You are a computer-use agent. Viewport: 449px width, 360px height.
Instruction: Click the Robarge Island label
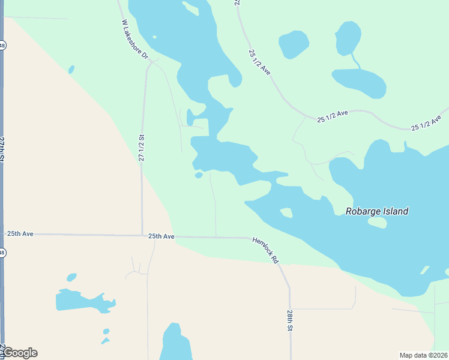pyautogui.click(x=377, y=211)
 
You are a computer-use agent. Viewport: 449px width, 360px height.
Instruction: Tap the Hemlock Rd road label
pyautogui.click(x=265, y=250)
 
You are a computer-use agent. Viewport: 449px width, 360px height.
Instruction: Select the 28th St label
pyautogui.click(x=289, y=321)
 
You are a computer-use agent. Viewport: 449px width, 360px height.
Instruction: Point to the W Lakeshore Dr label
pyautogui.click(x=134, y=40)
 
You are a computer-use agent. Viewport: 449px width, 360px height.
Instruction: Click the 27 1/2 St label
pyautogui.click(x=142, y=148)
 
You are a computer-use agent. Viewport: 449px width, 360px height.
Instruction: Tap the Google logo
pyautogui.click(x=19, y=353)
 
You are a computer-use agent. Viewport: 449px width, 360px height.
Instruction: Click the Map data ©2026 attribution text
pyautogui.click(x=423, y=355)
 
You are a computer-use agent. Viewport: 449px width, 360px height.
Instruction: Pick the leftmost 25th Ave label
pyautogui.click(x=20, y=233)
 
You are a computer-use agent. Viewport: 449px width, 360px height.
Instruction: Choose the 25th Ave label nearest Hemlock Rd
pyautogui.click(x=161, y=236)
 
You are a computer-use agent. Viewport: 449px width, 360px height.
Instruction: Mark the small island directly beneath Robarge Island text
pyautogui.click(x=377, y=223)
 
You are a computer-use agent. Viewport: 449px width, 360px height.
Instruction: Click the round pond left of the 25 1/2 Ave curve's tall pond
pyautogui.click(x=294, y=44)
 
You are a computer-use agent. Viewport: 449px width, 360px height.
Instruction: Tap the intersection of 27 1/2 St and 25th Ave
pyautogui.click(x=142, y=235)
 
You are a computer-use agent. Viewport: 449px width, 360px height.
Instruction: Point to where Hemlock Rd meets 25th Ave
pyautogui.click(x=251, y=238)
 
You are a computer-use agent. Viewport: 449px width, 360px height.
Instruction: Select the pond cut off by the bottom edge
pyautogui.click(x=175, y=344)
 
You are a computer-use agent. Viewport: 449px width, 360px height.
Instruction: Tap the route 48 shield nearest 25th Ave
pyautogui.click(x=2, y=253)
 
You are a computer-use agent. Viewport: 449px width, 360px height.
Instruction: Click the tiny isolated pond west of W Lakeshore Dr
pyautogui.click(x=71, y=70)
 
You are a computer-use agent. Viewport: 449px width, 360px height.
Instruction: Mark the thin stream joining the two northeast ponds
pyautogui.click(x=356, y=61)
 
